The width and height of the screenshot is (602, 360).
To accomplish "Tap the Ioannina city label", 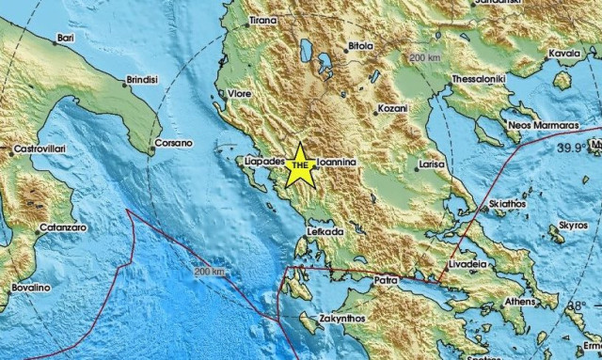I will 336,162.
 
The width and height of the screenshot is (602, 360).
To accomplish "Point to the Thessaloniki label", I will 480,79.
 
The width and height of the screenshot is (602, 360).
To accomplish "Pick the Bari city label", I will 65,38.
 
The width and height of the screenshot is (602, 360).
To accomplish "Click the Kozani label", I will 392,110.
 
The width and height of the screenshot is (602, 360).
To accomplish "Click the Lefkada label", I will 324,230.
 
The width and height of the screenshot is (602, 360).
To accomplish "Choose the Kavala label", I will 564,54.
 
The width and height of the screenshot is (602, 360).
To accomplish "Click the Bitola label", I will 362,44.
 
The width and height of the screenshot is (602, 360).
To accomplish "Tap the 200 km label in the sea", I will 210,272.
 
